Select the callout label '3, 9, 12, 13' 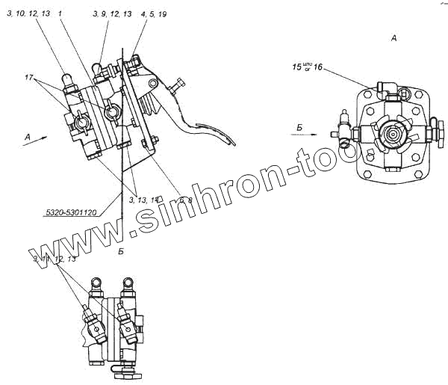[112, 13]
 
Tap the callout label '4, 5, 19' [152, 13]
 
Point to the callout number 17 [28, 77]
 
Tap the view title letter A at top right [392, 36]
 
